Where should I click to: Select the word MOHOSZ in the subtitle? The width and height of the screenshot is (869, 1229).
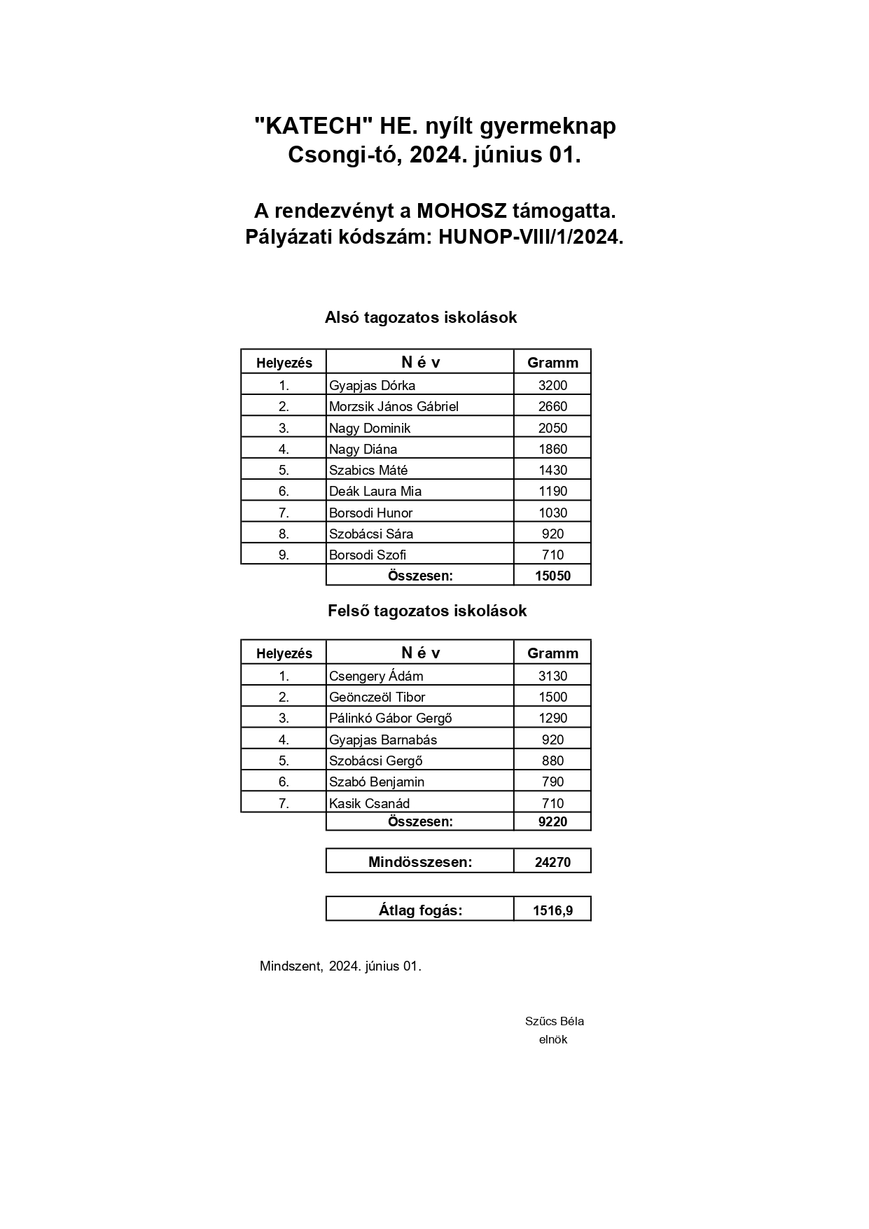[x=462, y=211]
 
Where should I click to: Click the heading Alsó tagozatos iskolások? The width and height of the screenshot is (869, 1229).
[x=420, y=318]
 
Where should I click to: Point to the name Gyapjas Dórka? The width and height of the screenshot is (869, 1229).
[x=372, y=385]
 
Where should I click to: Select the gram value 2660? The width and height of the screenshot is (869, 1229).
[x=552, y=406]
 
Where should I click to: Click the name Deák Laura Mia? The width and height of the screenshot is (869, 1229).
[x=375, y=491]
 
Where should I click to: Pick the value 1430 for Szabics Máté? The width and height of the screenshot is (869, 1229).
[x=552, y=470]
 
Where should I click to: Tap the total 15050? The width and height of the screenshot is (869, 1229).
[x=552, y=576]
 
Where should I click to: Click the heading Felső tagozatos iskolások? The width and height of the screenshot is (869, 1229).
[x=427, y=611]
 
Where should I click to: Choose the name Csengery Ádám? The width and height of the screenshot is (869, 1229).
[x=376, y=676]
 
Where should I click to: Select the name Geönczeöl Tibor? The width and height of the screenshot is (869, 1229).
[x=377, y=697]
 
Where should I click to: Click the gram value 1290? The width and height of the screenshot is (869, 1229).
[x=552, y=718]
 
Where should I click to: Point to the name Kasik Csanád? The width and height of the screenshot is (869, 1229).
[x=369, y=803]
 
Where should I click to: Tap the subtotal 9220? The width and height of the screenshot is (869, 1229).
[x=552, y=822]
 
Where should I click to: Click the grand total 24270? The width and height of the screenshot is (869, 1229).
[x=552, y=863]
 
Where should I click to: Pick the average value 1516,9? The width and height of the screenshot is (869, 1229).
[x=552, y=911]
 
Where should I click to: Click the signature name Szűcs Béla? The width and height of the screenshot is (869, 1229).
[x=554, y=1021]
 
